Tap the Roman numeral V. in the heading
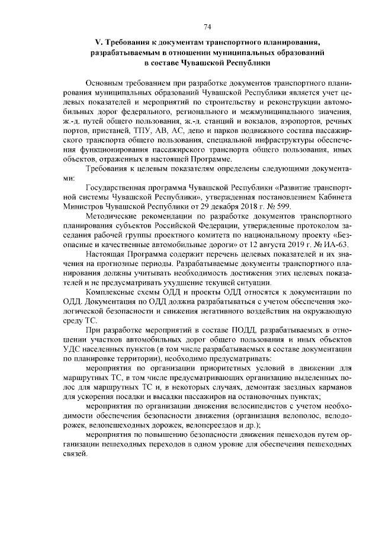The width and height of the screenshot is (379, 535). pos(98,42)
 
